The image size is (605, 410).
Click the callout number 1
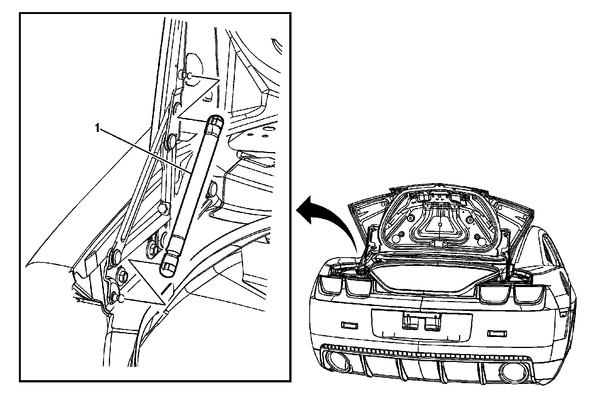pyautogui.click(x=97, y=129)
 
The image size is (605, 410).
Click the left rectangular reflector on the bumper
pyautogui.click(x=349, y=325)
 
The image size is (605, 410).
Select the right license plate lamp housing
pyautogui.click(x=430, y=323)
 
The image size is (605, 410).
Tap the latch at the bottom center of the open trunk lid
pyautogui.click(x=440, y=245)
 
